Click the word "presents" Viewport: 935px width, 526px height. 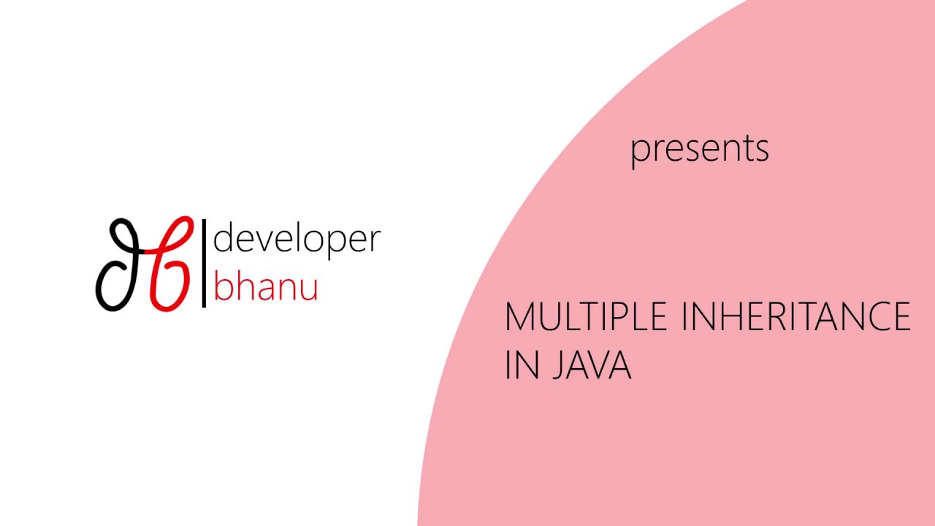click(x=699, y=148)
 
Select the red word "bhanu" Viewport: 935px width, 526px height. click(x=265, y=286)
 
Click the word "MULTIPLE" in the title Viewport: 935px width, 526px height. click(x=586, y=318)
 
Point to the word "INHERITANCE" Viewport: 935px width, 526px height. click(x=795, y=318)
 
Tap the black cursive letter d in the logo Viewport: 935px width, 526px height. click(x=120, y=264)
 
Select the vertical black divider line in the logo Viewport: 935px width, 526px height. click(x=204, y=263)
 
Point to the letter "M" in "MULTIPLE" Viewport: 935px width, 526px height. click(x=519, y=318)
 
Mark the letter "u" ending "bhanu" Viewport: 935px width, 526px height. click(x=309, y=289)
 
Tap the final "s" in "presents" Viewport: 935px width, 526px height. click(x=761, y=150)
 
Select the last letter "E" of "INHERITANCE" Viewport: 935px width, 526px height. click(x=901, y=318)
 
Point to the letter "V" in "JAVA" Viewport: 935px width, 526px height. click(x=598, y=365)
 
